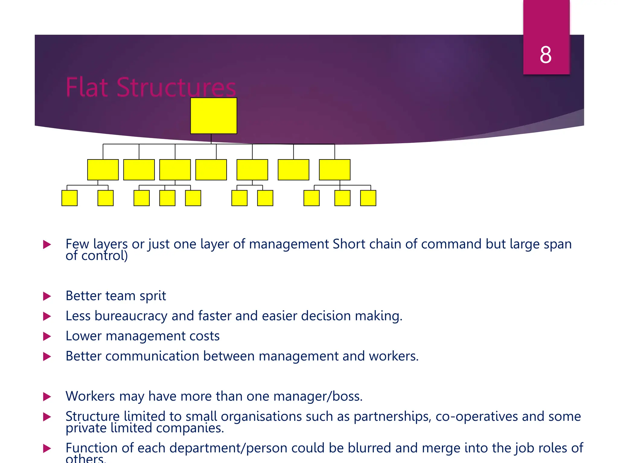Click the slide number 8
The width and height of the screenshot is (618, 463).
(546, 55)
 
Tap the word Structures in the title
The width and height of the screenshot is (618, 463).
(176, 87)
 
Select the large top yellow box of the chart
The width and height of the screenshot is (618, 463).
(214, 116)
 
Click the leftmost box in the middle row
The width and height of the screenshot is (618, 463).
(103, 170)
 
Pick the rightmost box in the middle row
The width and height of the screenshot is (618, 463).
(335, 170)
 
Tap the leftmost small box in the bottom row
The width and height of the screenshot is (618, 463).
(69, 198)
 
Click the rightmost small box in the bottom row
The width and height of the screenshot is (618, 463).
(368, 198)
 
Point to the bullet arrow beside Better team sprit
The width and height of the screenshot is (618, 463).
(47, 296)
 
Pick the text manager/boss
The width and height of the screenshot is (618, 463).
(318, 396)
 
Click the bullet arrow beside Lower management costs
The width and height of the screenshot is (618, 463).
(47, 336)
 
